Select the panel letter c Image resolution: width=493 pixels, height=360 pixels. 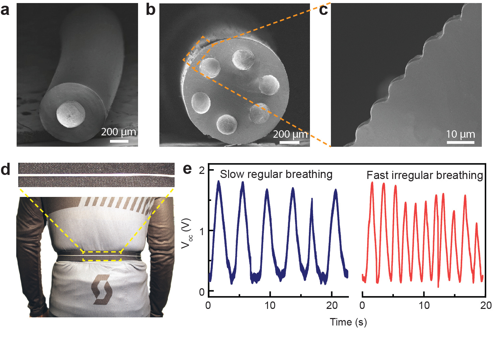tap(323, 10)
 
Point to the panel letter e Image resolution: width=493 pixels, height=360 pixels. tap(187, 168)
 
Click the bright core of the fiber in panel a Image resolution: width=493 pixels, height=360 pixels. tap(71, 114)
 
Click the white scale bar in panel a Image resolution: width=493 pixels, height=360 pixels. tap(119, 141)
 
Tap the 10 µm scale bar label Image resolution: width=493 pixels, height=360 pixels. tap(460, 134)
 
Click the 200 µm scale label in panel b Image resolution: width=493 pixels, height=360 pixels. tap(290, 134)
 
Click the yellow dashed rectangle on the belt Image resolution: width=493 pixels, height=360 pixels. tap(102, 256)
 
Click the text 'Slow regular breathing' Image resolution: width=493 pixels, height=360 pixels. tap(276, 174)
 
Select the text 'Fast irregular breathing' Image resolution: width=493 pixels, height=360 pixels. tap(425, 175)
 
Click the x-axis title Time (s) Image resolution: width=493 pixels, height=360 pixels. tap(348, 322)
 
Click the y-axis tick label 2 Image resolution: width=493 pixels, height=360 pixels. tap(202, 170)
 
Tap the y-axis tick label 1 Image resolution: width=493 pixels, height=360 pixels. tap(202, 231)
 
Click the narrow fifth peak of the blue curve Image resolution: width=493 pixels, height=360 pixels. tap(312, 200)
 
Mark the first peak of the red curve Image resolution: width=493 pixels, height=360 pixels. tap(372, 183)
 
